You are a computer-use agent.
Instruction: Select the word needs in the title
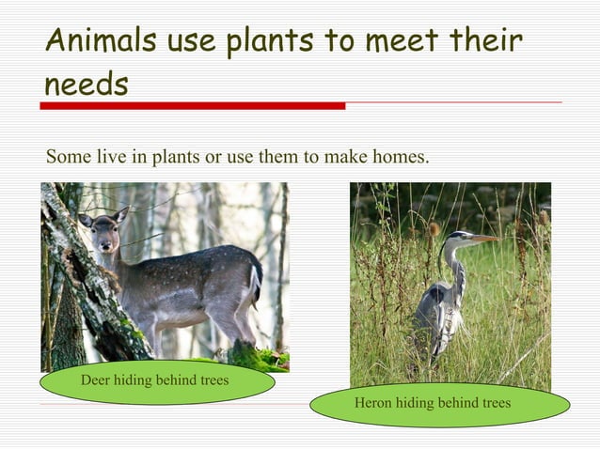(x=86, y=84)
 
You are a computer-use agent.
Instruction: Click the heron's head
(x=459, y=238)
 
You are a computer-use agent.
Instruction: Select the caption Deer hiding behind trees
(x=155, y=380)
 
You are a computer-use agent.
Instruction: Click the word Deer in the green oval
(x=96, y=380)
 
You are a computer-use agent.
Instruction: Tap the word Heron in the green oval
(x=372, y=403)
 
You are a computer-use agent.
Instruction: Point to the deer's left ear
(x=86, y=220)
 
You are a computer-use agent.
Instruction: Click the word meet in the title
(x=387, y=41)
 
